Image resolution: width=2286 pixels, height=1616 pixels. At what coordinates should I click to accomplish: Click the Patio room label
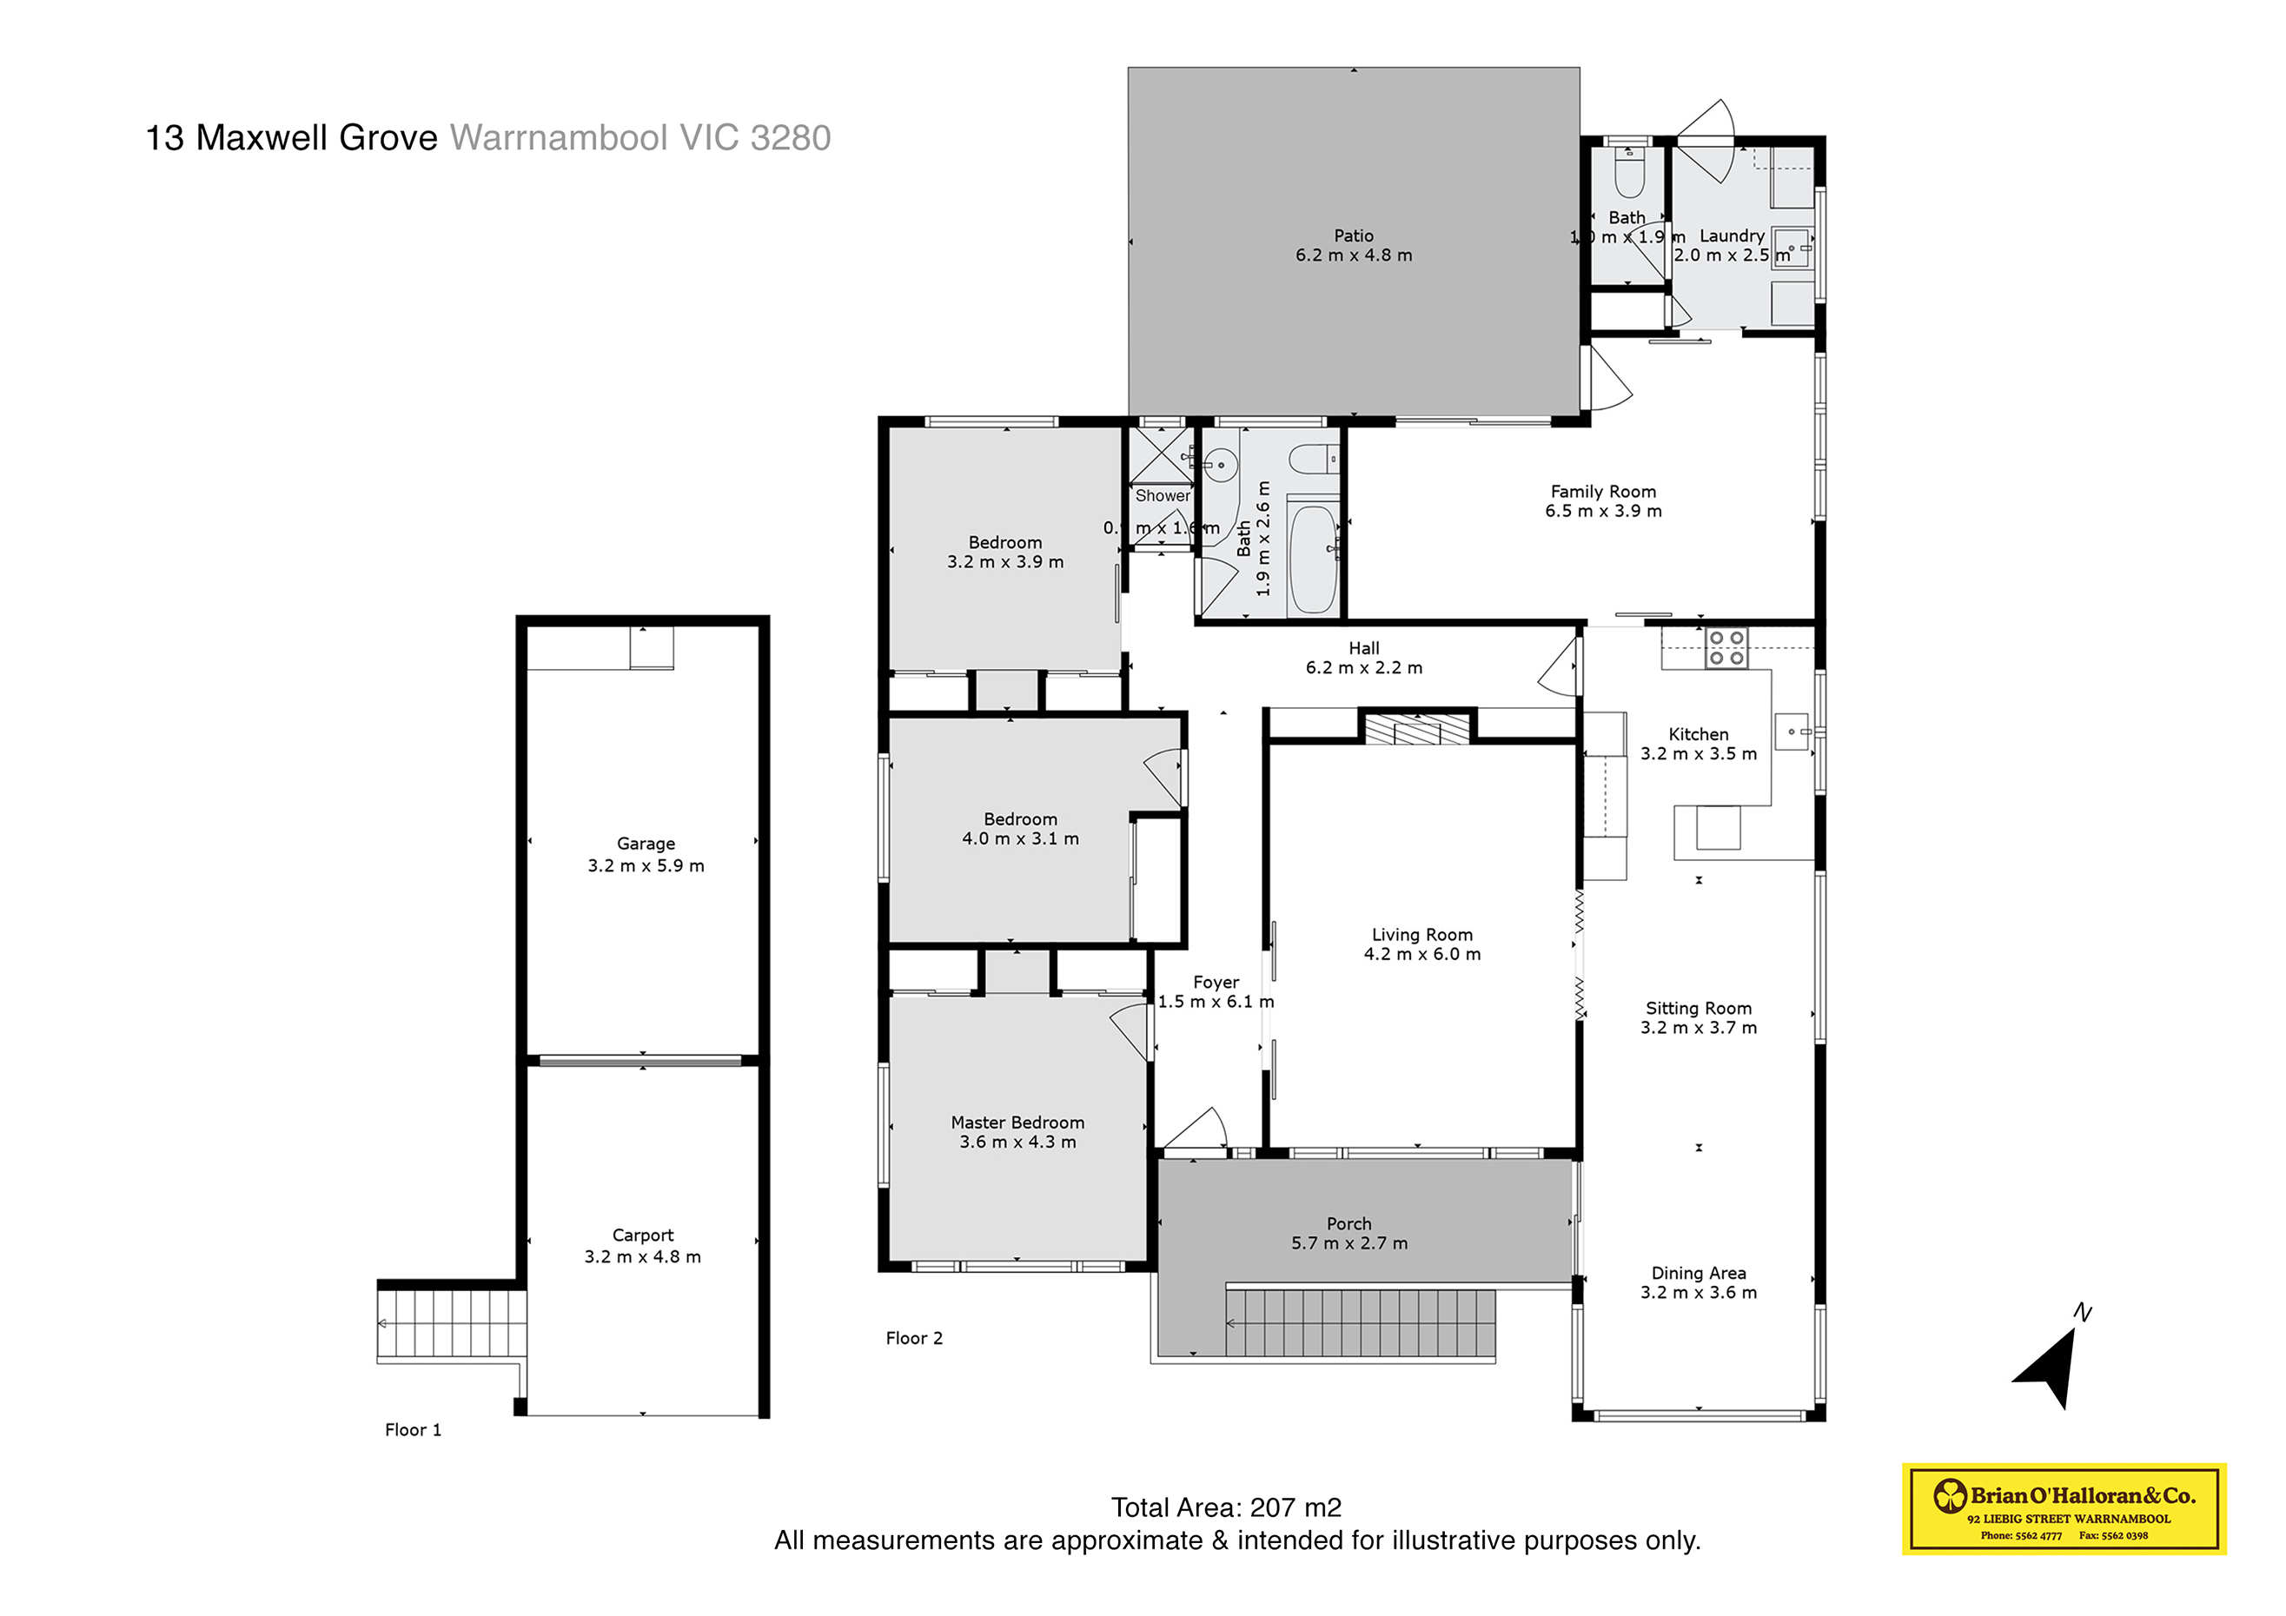pos(1353,236)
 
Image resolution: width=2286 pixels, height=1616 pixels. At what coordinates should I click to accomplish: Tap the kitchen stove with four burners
pos(1726,648)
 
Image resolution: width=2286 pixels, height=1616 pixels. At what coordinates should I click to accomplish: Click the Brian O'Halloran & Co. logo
pos(2063,1507)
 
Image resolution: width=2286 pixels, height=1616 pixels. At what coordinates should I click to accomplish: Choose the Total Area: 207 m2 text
pos(1226,1507)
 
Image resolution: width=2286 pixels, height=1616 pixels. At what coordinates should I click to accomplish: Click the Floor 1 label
pos(412,1430)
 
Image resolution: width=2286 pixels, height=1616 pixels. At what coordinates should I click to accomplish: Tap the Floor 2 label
pos(913,1338)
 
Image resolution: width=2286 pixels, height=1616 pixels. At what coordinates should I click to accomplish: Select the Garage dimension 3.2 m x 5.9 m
pos(646,866)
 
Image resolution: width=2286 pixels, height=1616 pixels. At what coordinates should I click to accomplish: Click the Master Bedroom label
pos(1017,1123)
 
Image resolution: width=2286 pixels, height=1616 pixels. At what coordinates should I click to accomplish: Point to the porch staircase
pos(1360,1323)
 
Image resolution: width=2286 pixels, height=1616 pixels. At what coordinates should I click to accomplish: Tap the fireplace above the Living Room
pos(1417,729)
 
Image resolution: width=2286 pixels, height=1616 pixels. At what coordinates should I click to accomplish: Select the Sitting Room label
pos(1698,1008)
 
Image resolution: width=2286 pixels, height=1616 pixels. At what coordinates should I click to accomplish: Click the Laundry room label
pos(1732,236)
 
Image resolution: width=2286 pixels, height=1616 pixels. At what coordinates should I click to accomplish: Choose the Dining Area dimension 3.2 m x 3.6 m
pos(1698,1293)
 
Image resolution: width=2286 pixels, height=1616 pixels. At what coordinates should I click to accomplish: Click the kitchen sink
pos(1791,732)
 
